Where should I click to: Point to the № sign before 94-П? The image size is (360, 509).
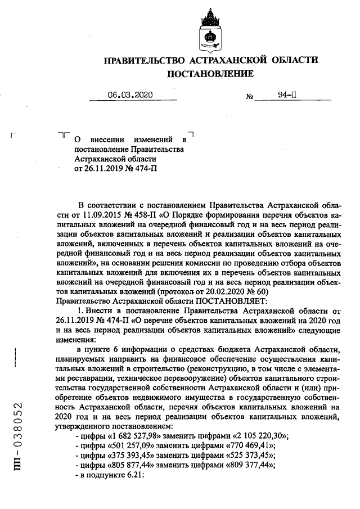[250, 97]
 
